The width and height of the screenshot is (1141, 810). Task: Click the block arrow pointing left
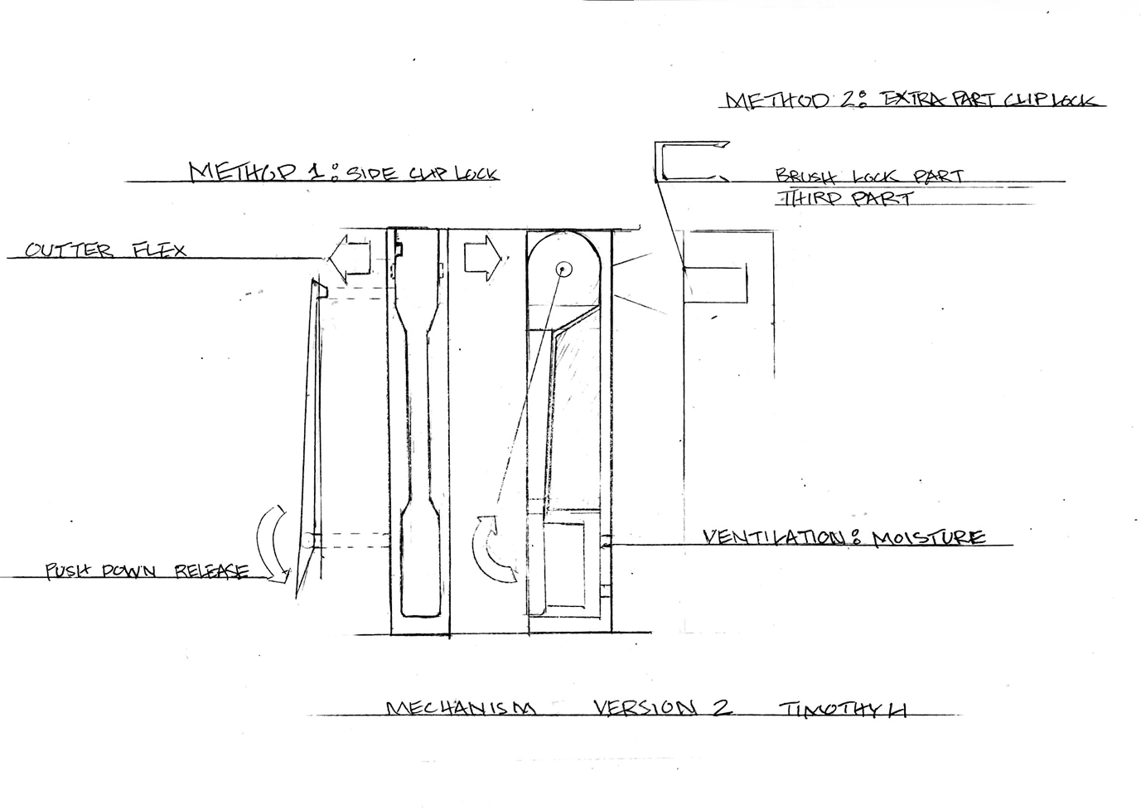pyautogui.click(x=347, y=258)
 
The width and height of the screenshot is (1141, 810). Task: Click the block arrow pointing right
pyautogui.click(x=481, y=257)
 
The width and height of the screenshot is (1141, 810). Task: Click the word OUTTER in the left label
pyautogui.click(x=68, y=250)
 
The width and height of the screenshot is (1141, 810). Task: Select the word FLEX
pyautogui.click(x=160, y=250)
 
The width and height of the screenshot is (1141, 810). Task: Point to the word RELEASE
pyautogui.click(x=211, y=571)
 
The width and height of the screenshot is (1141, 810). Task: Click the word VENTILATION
pyautogui.click(x=772, y=537)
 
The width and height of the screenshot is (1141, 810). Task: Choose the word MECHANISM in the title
pyautogui.click(x=461, y=709)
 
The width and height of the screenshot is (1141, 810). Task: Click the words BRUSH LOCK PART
pyautogui.click(x=869, y=176)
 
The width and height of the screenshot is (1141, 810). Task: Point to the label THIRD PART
pyautogui.click(x=844, y=198)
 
